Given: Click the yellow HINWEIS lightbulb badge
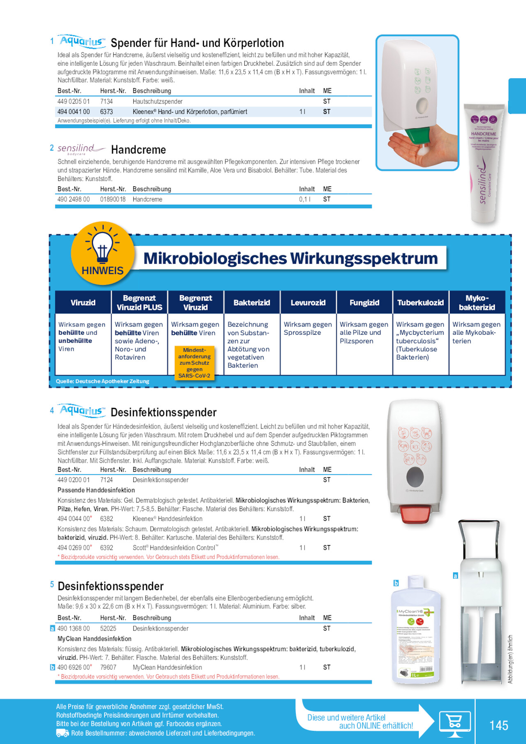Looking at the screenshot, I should pos(102,253).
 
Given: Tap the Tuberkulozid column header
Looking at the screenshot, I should pos(420,303).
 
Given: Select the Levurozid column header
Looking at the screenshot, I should pos(308,303).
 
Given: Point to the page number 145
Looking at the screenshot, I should pos(498,725).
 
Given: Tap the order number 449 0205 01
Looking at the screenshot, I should pos(74,102).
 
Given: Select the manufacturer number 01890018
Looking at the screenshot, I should pos(113,199).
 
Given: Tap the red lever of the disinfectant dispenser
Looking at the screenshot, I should pos(415,514).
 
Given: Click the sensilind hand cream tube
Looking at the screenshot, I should pos(484,165).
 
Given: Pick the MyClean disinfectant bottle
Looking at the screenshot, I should pos(415,631).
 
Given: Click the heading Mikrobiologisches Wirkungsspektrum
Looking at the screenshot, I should pos(290,258).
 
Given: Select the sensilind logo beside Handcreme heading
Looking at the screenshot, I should pos(80,149).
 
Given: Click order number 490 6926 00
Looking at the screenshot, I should pos(74,668).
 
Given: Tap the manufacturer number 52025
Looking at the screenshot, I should pos(108,628).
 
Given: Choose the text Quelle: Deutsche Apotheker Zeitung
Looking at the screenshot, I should pos(102,381).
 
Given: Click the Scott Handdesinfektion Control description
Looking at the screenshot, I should pos(176,548).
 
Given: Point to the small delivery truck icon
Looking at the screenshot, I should pos(62,733).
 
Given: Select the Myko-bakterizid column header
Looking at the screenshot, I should pos(477,303).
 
